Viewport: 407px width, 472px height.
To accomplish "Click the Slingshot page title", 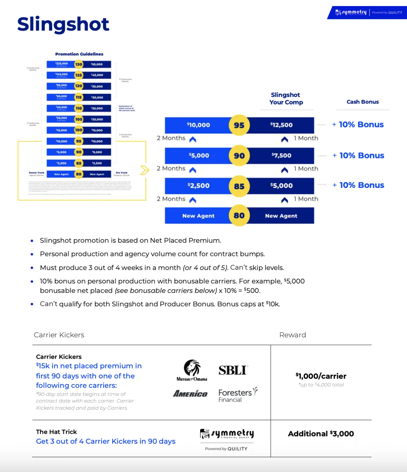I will pyautogui.click(x=63, y=24).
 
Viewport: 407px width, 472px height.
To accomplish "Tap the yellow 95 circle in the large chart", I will pyautogui.click(x=239, y=125).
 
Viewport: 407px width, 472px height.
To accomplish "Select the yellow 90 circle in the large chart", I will pyautogui.click(x=239, y=156).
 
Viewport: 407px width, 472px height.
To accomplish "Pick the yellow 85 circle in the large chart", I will pyautogui.click(x=239, y=186).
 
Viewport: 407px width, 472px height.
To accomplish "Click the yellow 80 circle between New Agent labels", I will pyautogui.click(x=239, y=216).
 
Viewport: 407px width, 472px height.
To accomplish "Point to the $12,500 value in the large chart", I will pyautogui.click(x=282, y=125).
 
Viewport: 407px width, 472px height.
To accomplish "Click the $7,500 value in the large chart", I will pyautogui.click(x=282, y=156).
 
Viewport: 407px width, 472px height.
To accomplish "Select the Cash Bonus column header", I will pyautogui.click(x=363, y=102).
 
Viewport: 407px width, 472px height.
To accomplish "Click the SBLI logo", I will pyautogui.click(x=233, y=370).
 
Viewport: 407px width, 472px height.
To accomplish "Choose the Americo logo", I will pyautogui.click(x=190, y=394).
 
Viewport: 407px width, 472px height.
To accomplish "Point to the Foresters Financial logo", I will pyautogui.click(x=238, y=395).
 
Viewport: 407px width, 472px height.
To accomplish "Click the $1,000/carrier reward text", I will pyautogui.click(x=321, y=376).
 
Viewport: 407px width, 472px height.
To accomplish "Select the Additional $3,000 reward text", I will pyautogui.click(x=321, y=434).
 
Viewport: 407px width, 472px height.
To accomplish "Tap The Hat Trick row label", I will pyautogui.click(x=57, y=432).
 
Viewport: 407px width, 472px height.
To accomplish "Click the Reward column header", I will pyautogui.click(x=292, y=335).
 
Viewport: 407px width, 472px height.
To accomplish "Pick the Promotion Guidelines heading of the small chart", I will pyautogui.click(x=79, y=54).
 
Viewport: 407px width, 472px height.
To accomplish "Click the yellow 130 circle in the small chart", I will pyautogui.click(x=79, y=64).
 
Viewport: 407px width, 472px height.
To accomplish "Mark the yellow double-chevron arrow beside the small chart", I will pyautogui.click(x=145, y=170).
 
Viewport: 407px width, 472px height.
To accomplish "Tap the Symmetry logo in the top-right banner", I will pyautogui.click(x=351, y=13).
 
